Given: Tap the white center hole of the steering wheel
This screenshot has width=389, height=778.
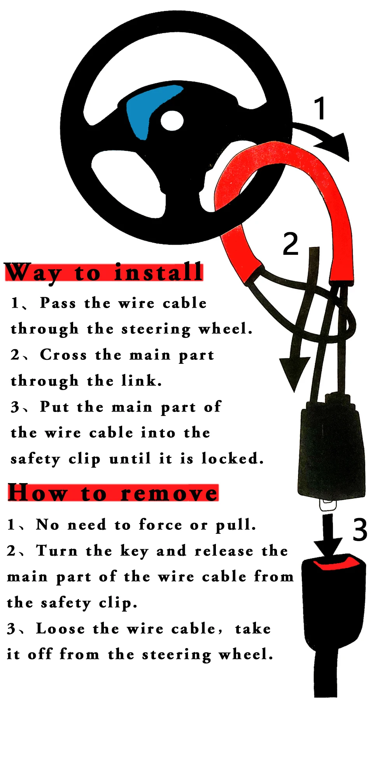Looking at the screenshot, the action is click(172, 121).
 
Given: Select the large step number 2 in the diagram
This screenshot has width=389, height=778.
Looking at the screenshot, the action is click(291, 244).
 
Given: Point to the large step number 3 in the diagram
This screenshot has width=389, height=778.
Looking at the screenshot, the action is click(360, 529).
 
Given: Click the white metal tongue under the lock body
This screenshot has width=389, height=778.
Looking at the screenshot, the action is click(329, 505).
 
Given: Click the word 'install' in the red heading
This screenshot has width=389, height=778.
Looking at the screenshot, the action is click(158, 272).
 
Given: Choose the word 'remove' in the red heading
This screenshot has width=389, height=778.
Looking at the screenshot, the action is click(169, 493).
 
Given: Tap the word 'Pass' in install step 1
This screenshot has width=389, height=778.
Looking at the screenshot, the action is click(58, 303).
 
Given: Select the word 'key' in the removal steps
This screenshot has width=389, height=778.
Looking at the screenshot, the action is click(134, 552).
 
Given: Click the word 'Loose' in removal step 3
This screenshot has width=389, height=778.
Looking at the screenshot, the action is click(60, 629).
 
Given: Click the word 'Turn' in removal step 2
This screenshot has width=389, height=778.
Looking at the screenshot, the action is click(57, 550).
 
